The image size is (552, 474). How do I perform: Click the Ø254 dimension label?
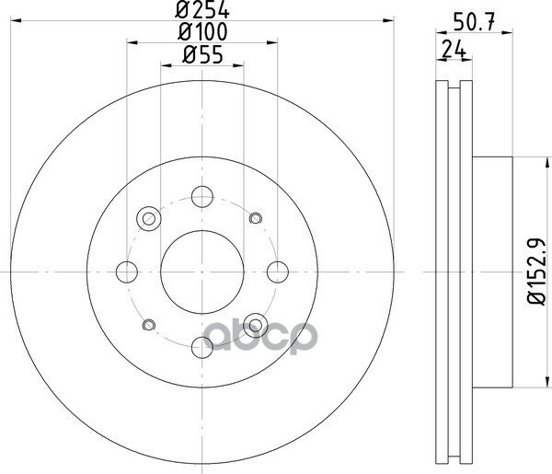tap(202, 9)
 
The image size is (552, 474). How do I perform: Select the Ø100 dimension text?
tap(202, 31)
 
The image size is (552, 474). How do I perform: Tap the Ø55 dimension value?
tap(202, 55)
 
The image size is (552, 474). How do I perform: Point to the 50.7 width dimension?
tap(474, 22)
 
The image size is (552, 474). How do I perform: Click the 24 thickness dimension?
tap(454, 49)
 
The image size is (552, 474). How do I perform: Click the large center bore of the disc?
tap(202, 272)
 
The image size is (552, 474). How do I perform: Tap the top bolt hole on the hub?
tap(202, 196)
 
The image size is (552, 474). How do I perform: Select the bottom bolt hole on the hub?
tap(202, 347)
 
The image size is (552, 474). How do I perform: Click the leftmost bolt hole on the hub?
tap(127, 272)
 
